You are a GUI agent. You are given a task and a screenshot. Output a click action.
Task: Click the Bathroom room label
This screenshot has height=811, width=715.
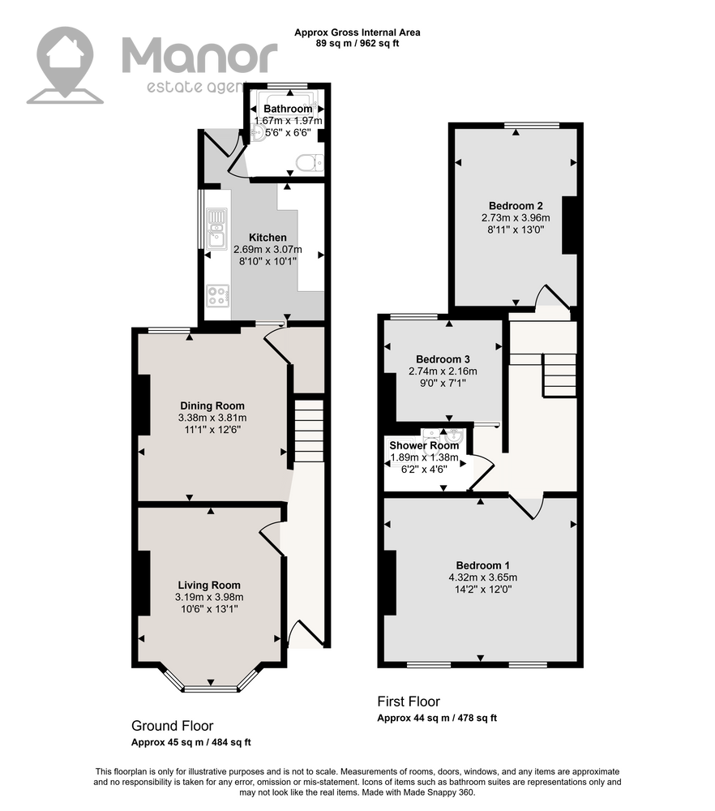point(288,109)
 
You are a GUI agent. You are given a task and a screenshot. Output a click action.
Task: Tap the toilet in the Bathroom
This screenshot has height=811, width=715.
point(310,162)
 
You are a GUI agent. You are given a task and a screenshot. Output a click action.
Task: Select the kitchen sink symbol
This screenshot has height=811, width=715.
point(216,229)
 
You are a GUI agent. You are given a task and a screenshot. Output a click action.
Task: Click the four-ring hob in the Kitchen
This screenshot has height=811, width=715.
point(217,295)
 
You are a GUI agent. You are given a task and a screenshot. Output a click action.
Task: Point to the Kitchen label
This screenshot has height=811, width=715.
point(268,238)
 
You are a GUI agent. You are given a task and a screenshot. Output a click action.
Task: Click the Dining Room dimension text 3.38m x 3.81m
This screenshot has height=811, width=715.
point(212,418)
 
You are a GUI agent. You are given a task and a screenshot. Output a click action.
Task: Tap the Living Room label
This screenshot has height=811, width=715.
point(209,585)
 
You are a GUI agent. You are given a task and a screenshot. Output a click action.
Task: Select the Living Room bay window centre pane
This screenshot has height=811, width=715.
point(211,689)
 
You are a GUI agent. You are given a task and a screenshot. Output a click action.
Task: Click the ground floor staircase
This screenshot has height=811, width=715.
point(309,429)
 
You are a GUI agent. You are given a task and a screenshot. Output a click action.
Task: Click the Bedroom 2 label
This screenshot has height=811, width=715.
point(516,206)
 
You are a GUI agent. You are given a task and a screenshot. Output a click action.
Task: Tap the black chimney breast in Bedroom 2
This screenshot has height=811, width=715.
point(569,225)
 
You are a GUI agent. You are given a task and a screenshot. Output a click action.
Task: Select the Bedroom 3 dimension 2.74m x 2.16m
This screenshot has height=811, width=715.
point(443,371)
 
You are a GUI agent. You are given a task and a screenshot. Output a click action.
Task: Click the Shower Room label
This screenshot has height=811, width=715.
point(424,445)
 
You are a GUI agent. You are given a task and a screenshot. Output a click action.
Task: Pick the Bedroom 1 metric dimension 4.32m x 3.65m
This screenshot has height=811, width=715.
point(483,577)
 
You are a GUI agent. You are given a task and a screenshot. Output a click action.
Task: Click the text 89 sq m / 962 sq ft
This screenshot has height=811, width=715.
point(357,44)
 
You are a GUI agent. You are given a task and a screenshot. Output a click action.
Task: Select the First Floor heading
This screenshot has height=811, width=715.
point(409,702)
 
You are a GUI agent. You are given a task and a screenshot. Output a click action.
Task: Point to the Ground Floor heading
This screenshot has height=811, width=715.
point(172,726)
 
